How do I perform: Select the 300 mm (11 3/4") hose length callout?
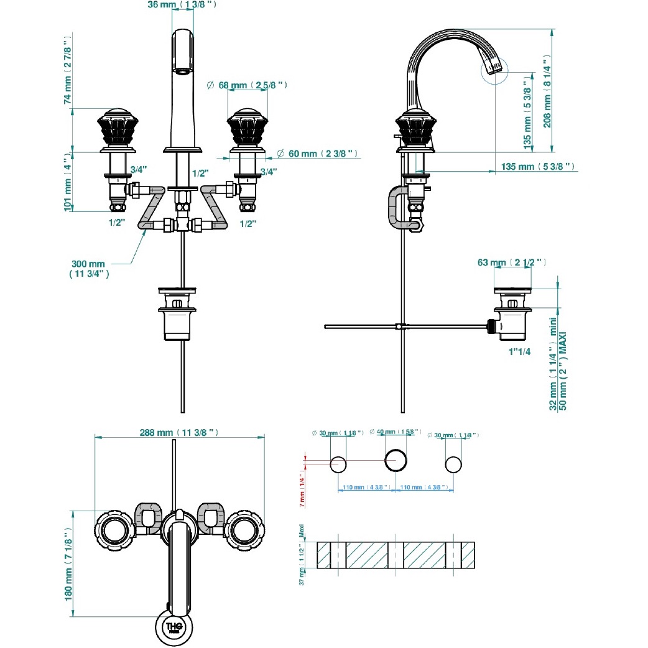tap(90, 268)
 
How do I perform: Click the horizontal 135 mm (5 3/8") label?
tap(537, 167)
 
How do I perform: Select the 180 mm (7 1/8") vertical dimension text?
tap(69, 563)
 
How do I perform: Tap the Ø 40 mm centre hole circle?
tap(396, 461)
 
